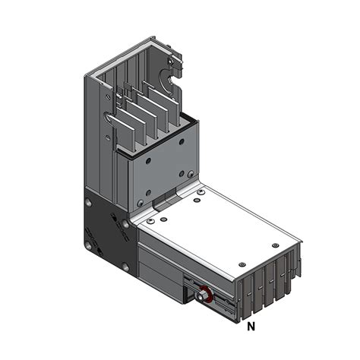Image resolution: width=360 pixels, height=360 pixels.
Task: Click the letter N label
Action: (251, 327)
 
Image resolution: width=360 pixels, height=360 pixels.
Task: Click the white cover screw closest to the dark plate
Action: (151, 220)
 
